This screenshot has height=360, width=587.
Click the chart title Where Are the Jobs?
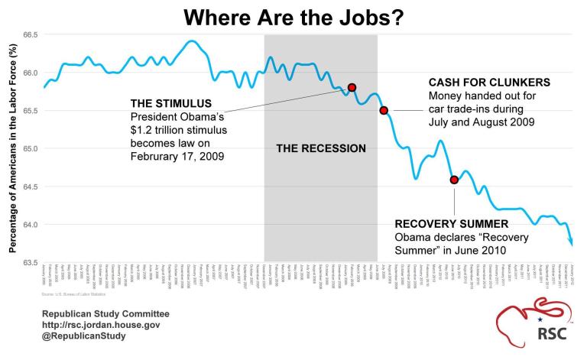click(x=294, y=17)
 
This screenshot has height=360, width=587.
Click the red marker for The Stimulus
click(x=352, y=88)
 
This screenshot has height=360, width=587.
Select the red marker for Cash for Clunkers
click(x=384, y=110)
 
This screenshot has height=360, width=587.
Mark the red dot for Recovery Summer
click(x=454, y=180)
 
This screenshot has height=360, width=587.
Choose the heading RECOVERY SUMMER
click(x=450, y=224)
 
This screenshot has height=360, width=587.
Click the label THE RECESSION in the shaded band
click(x=320, y=148)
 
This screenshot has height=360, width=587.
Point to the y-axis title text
click(x=13, y=149)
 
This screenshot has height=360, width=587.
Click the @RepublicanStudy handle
click(x=84, y=336)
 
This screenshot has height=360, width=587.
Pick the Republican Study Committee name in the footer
click(x=105, y=313)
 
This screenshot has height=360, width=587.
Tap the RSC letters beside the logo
click(x=559, y=333)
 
